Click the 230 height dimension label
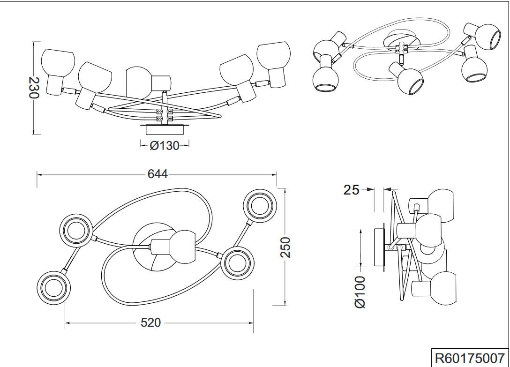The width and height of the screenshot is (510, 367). [33, 88]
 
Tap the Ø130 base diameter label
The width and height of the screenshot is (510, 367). [165, 146]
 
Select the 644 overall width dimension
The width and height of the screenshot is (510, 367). [157, 174]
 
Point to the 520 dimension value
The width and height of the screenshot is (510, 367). [151, 323]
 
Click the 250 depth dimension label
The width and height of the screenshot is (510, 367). [285, 247]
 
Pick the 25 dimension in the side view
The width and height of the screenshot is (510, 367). [352, 190]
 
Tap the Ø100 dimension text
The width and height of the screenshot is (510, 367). [360, 292]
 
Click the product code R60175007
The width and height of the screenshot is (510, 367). [469, 358]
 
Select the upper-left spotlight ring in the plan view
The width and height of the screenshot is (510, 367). [75, 230]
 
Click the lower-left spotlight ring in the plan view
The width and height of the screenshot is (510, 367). [52, 287]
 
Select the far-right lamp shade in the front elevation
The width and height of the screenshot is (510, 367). [274, 59]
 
